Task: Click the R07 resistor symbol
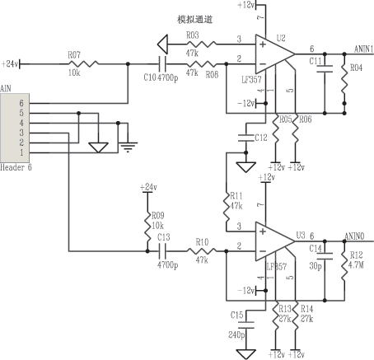[x=83, y=64]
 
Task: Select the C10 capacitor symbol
[x=163, y=64]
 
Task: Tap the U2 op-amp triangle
[x=275, y=54]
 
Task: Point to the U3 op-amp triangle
[x=275, y=241]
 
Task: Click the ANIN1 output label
[x=363, y=49]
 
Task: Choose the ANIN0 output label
[x=354, y=236]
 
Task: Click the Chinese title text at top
[x=194, y=20]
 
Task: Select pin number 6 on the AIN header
[x=21, y=103]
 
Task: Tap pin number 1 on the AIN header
[x=21, y=152]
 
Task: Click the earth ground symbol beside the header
[x=128, y=147]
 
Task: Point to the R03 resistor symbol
[x=202, y=44]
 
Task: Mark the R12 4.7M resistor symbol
[x=344, y=266]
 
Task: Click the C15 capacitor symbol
[x=246, y=325]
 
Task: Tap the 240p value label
[x=236, y=335]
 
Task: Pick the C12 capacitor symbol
[x=246, y=138]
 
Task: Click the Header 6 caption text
[x=16, y=167]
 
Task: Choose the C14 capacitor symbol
[x=325, y=256]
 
